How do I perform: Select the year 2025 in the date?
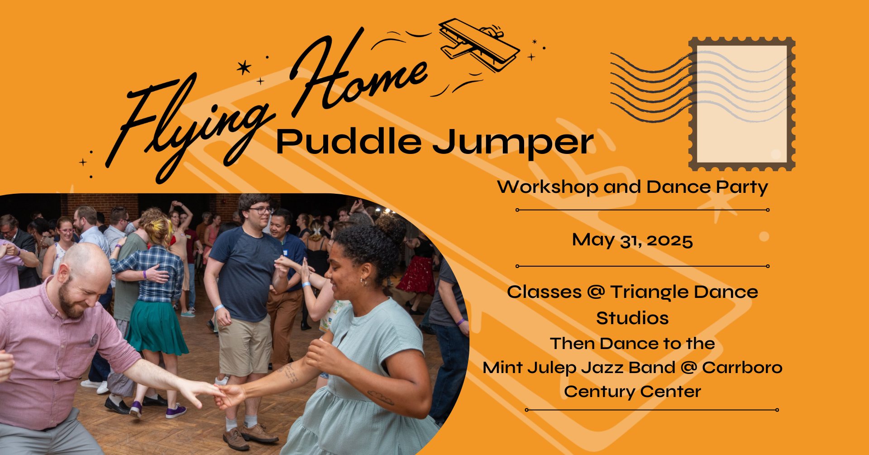669,240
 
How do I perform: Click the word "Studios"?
632,318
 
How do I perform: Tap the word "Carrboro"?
742,367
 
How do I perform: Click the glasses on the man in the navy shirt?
261,210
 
